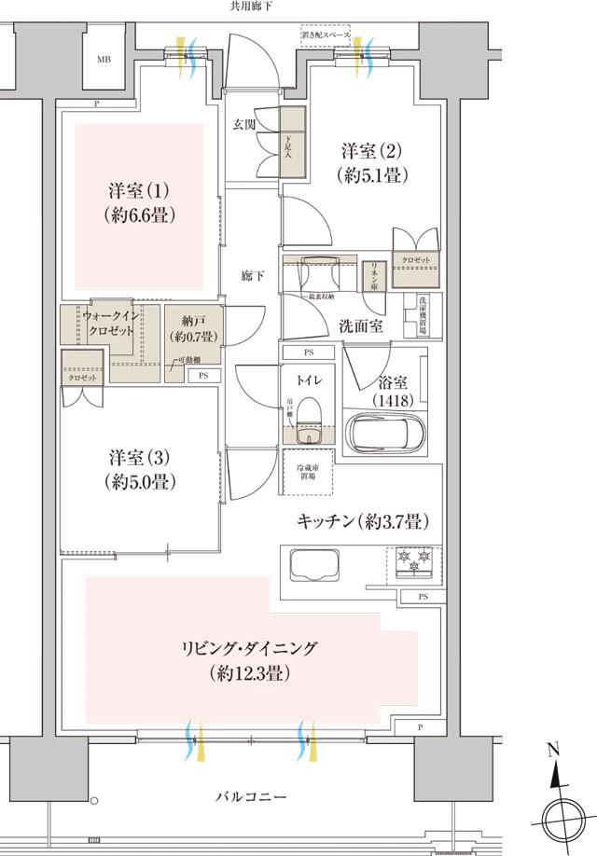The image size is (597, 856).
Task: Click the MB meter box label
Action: (103, 58)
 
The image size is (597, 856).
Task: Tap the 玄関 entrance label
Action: (245, 124)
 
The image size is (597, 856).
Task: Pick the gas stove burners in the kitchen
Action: (414, 559)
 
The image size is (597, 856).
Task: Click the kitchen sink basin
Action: (316, 565)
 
